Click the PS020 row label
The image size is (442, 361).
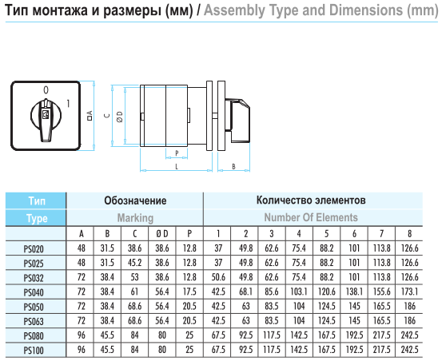34,249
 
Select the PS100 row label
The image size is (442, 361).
34,351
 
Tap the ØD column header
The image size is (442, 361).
162,234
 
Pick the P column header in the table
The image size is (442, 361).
189,234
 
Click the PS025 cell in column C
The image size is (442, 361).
135,263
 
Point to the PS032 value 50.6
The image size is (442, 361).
218,277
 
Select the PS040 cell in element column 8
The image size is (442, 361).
409,292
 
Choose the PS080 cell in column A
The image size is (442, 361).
82,335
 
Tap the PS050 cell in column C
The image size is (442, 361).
135,307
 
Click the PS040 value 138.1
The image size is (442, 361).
354,292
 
